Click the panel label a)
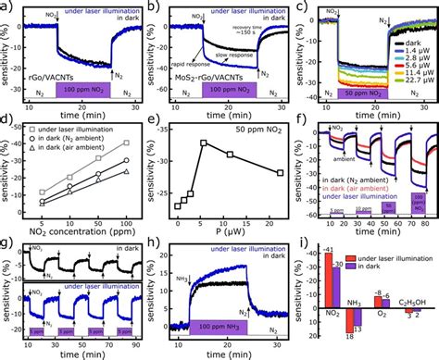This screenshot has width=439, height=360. coord(6,7)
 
